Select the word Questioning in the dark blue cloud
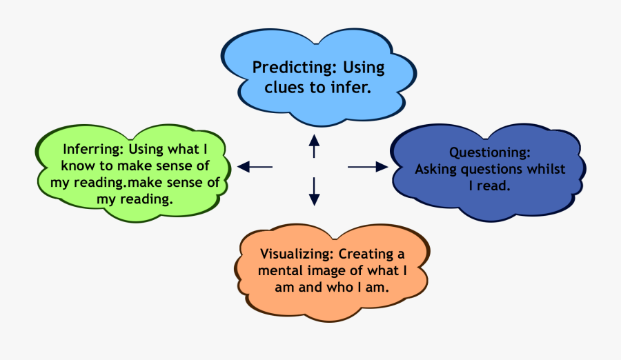pyautogui.click(x=489, y=152)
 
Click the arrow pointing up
pyautogui.click(x=314, y=146)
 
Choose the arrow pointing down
pyautogui.click(x=314, y=190)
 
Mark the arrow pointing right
pyautogui.click(x=368, y=166)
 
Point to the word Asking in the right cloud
pyautogui.click(x=434, y=169)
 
